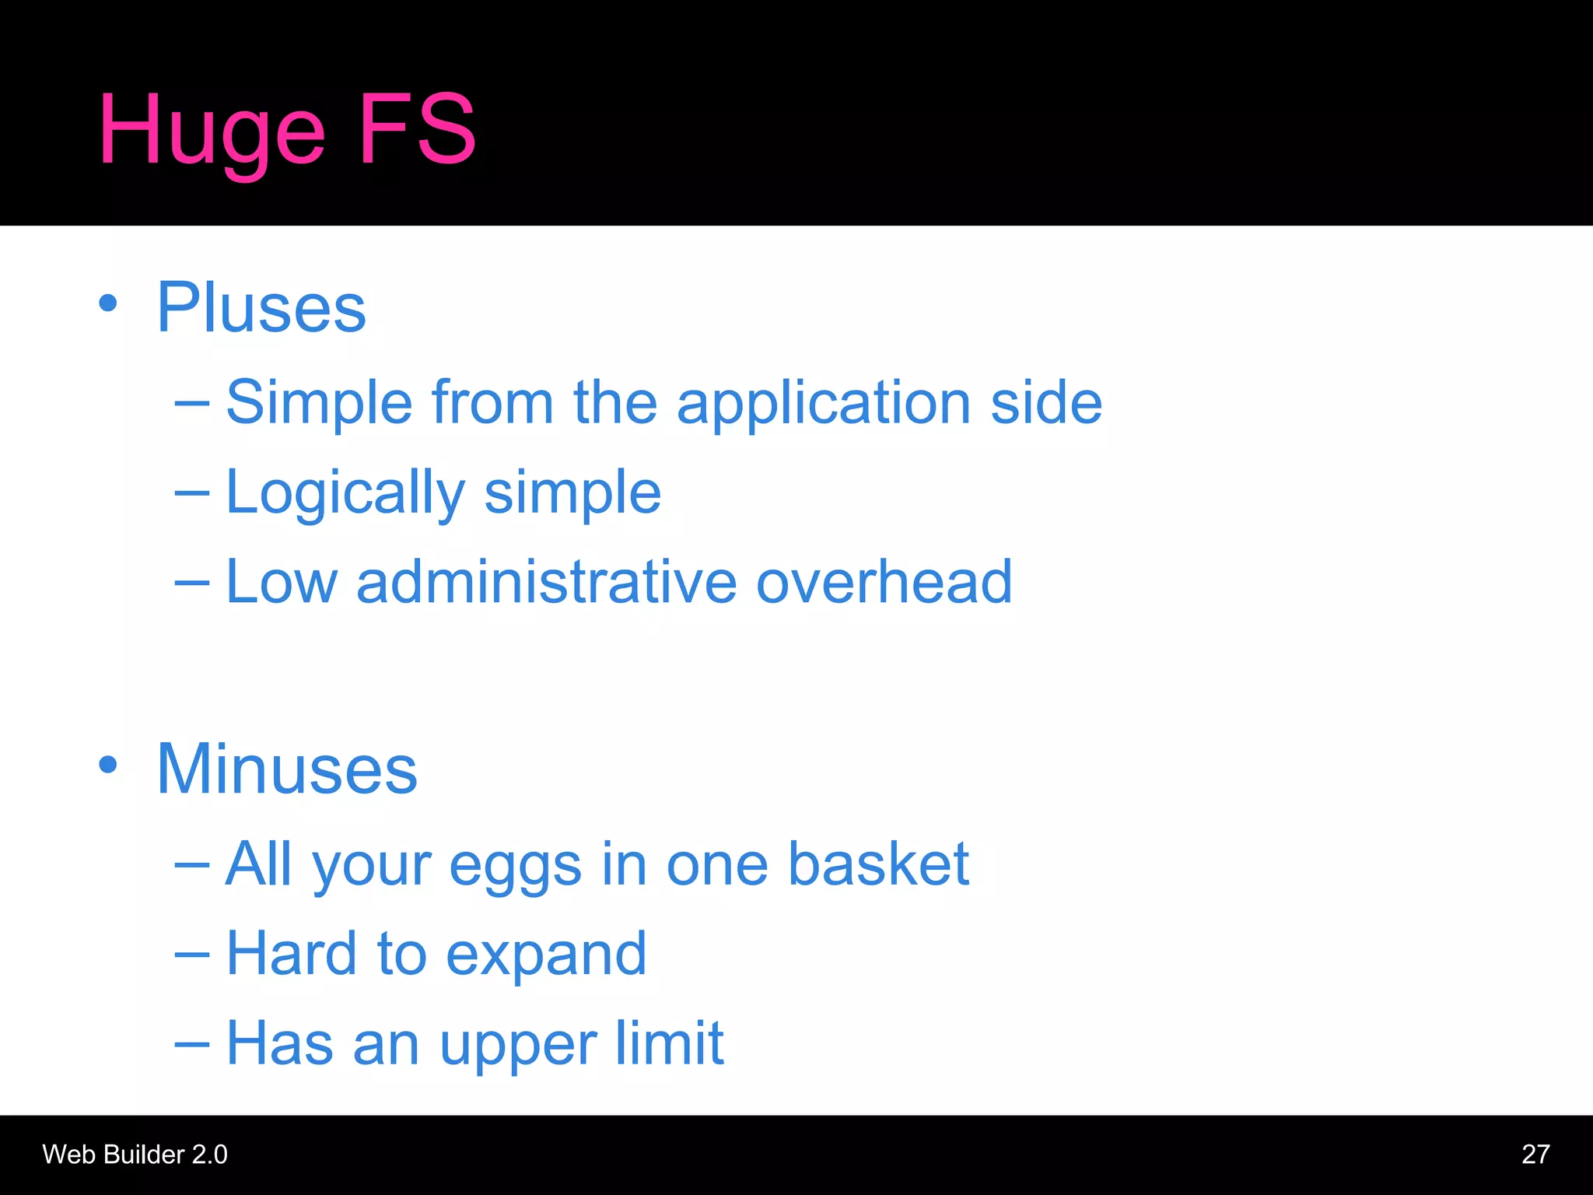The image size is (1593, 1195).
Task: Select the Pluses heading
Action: [x=261, y=308]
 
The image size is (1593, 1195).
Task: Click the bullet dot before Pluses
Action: [x=108, y=303]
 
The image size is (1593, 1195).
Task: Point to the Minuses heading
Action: [x=287, y=769]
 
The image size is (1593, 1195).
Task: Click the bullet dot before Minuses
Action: [x=108, y=764]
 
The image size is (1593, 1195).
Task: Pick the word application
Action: [x=824, y=404]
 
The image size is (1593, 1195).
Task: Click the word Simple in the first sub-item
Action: [x=319, y=402]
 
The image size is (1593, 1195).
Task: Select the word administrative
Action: [x=546, y=582]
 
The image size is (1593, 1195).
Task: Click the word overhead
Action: [x=884, y=582]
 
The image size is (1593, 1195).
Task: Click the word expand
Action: [x=546, y=955]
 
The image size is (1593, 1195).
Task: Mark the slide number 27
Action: [x=1535, y=1154]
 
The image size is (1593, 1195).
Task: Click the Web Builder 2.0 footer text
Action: [x=135, y=1154]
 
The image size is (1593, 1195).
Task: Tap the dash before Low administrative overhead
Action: [x=191, y=583]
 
